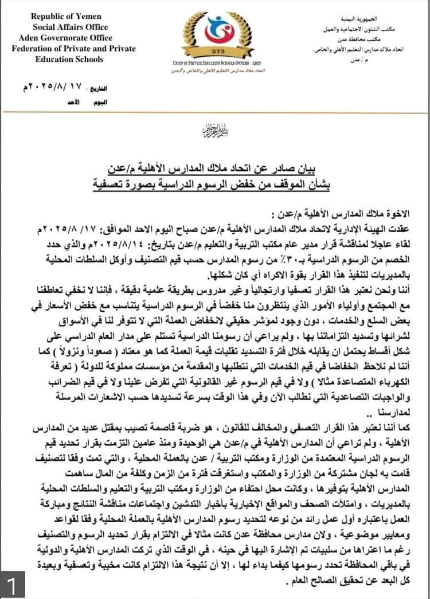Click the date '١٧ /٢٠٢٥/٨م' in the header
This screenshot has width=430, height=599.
[54, 89]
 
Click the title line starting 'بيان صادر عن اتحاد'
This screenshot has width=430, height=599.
[214, 170]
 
